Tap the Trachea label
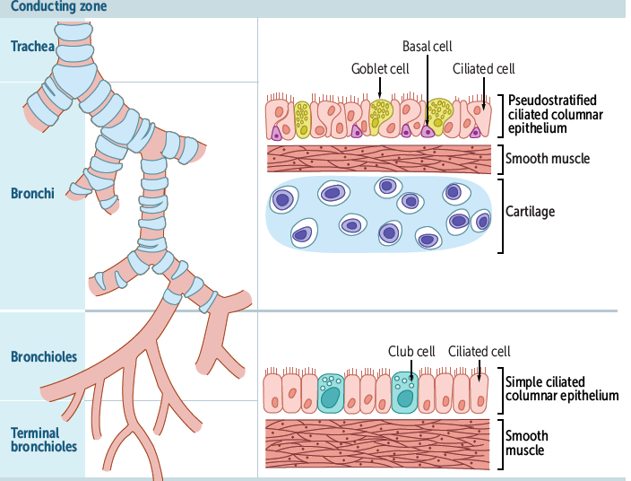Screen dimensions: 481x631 (x=33, y=46)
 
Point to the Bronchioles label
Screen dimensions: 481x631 (x=44, y=356)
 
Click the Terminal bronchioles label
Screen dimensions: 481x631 (x=44, y=440)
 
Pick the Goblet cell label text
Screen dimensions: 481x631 (x=380, y=68)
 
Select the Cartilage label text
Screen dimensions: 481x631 (x=531, y=212)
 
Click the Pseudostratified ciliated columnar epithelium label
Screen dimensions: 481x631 (x=552, y=114)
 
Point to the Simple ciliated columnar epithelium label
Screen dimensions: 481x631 (x=562, y=388)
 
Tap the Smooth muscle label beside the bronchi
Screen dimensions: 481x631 (x=548, y=159)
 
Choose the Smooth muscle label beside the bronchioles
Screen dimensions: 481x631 (x=527, y=443)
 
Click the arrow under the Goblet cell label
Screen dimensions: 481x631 (x=381, y=88)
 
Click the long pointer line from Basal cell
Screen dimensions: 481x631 (x=427, y=90)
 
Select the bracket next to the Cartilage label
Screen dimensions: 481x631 (x=498, y=215)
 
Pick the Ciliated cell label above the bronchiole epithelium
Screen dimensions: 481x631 (x=480, y=351)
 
